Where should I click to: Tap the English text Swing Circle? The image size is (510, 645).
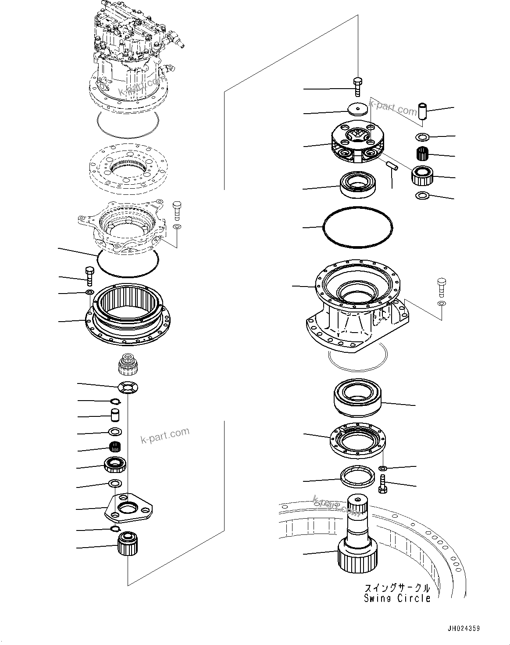pos(397,598)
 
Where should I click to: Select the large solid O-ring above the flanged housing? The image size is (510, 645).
pos(357,226)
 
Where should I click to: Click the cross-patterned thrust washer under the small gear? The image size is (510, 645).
pos(128,387)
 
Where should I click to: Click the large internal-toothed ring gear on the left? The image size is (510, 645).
pos(127,313)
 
